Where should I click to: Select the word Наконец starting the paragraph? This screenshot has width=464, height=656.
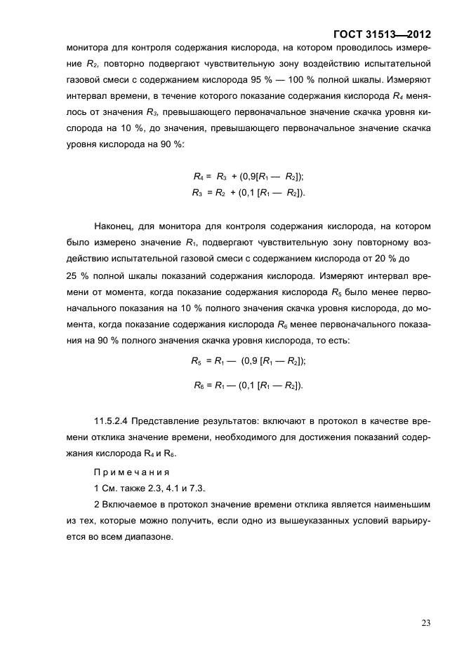pos(113,226)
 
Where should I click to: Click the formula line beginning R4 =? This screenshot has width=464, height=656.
pos(248,177)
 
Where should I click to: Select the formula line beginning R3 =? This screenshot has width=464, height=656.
pos(248,192)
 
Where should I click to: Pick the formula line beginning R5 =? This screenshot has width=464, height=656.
pos(248,361)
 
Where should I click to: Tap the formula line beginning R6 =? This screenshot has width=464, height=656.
pos(248,385)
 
